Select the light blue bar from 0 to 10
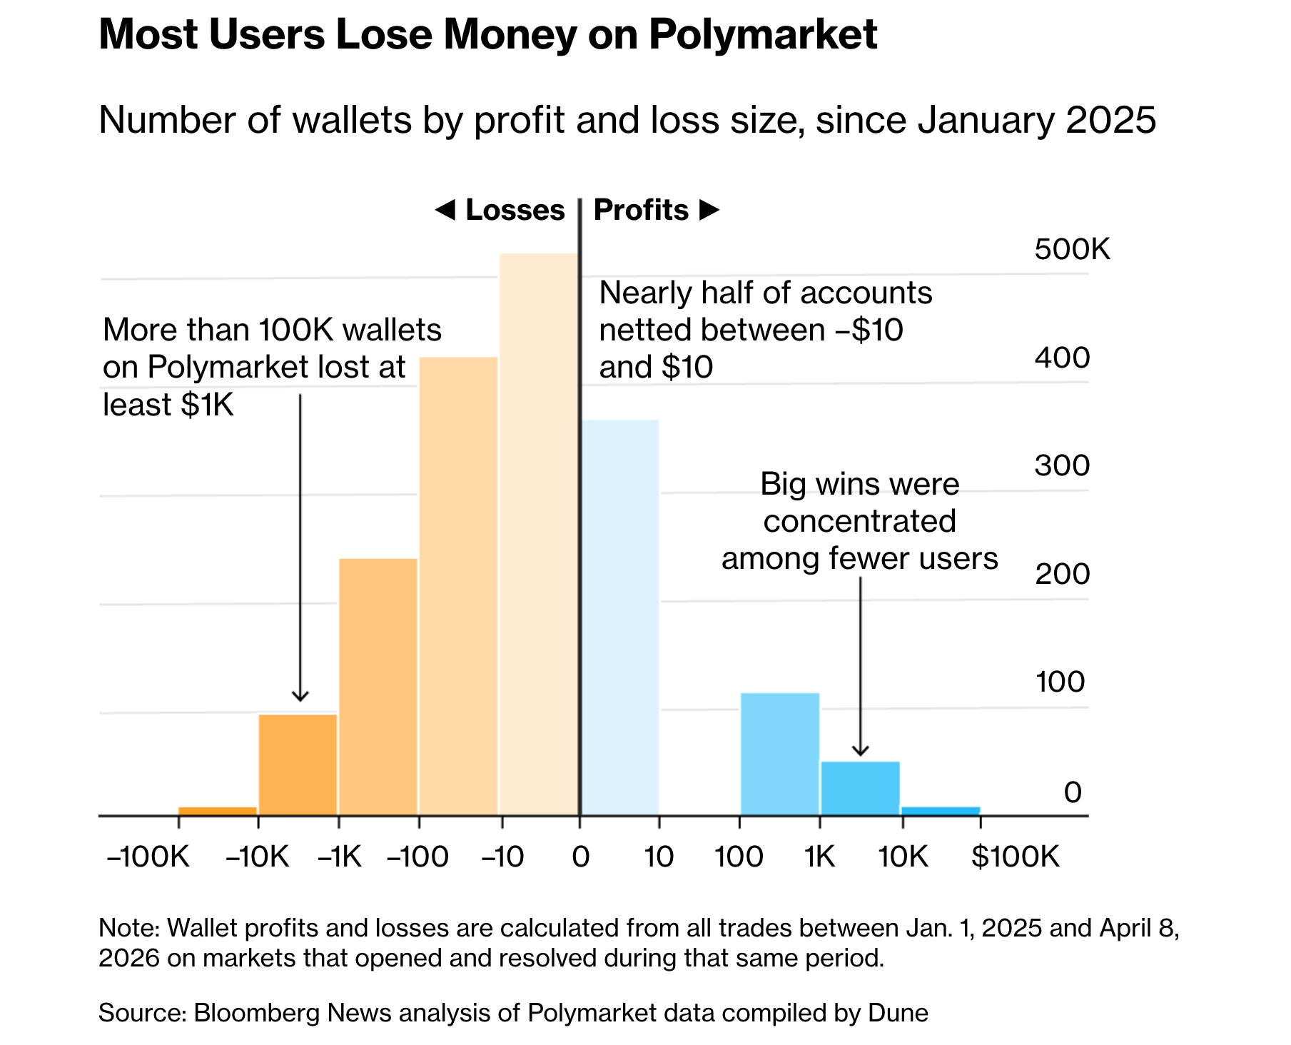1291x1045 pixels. [619, 617]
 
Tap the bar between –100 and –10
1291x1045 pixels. [458, 585]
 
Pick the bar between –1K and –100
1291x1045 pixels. [378, 686]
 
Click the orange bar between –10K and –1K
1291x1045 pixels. [298, 764]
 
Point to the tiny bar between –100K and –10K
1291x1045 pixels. [218, 810]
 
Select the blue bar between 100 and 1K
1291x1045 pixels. [779, 754]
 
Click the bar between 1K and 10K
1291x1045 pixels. [860, 788]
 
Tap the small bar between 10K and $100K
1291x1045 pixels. [941, 810]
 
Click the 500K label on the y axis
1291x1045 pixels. [1072, 249]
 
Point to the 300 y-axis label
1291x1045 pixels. [1062, 465]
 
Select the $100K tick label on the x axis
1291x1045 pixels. [1016, 856]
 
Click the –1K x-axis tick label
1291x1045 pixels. [340, 856]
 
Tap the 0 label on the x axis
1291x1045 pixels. [580, 856]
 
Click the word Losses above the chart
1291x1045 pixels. [515, 210]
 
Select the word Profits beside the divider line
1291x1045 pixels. [641, 210]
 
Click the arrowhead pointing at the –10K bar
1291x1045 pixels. [300, 696]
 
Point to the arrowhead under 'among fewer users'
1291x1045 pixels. [861, 750]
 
